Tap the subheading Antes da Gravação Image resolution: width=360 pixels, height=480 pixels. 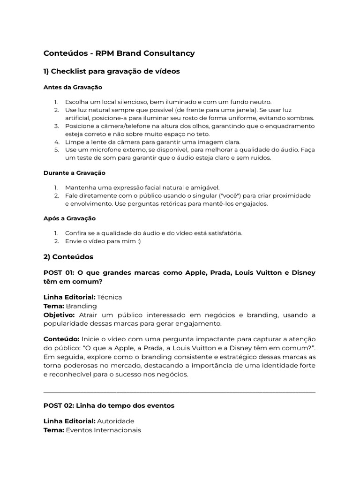[73, 87]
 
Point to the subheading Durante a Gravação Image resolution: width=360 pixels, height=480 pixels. [75, 173]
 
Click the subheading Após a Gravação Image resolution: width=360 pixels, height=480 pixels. [69, 218]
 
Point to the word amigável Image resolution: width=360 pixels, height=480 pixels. [203, 187]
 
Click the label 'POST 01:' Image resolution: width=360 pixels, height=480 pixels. [59, 273]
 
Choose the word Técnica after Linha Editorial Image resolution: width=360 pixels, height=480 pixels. [109, 297]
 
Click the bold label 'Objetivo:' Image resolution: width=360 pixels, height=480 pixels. [59, 315]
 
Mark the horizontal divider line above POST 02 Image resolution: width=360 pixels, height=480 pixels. [180, 391]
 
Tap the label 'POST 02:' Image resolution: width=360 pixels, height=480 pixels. [59, 405]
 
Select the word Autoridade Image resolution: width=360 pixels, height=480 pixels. [115, 421]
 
